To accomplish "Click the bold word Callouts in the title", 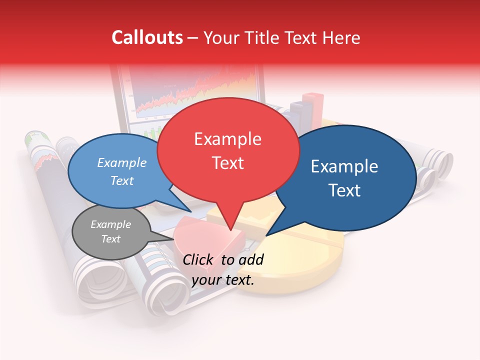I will click(x=147, y=37).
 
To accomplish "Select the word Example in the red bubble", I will click(x=227, y=139).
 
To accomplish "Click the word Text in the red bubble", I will click(x=227, y=162).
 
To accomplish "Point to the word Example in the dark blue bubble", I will click(x=344, y=166).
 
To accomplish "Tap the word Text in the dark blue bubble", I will click(x=344, y=190).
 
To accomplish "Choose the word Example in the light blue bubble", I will click(x=122, y=162).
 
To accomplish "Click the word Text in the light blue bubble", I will click(x=122, y=180).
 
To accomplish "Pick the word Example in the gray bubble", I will click(x=110, y=224).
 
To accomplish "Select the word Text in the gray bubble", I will click(x=110, y=239).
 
